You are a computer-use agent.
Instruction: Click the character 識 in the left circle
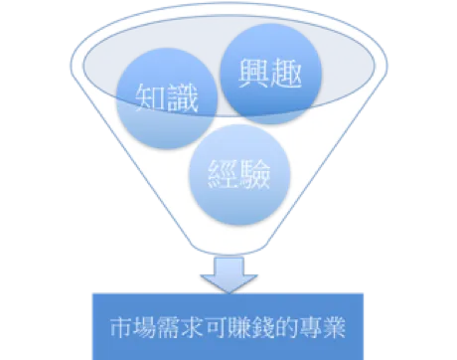[182, 98]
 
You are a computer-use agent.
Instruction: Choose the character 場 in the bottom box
[143, 327]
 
